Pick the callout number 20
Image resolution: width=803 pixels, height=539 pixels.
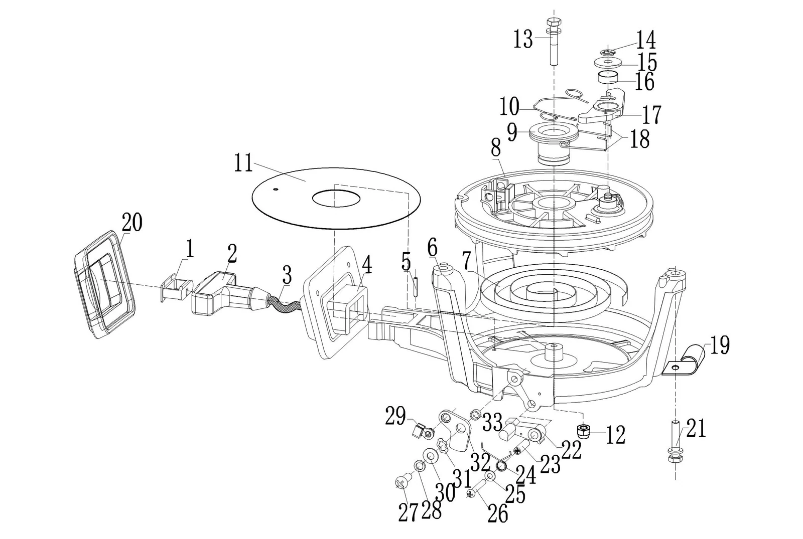coord(132,223)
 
